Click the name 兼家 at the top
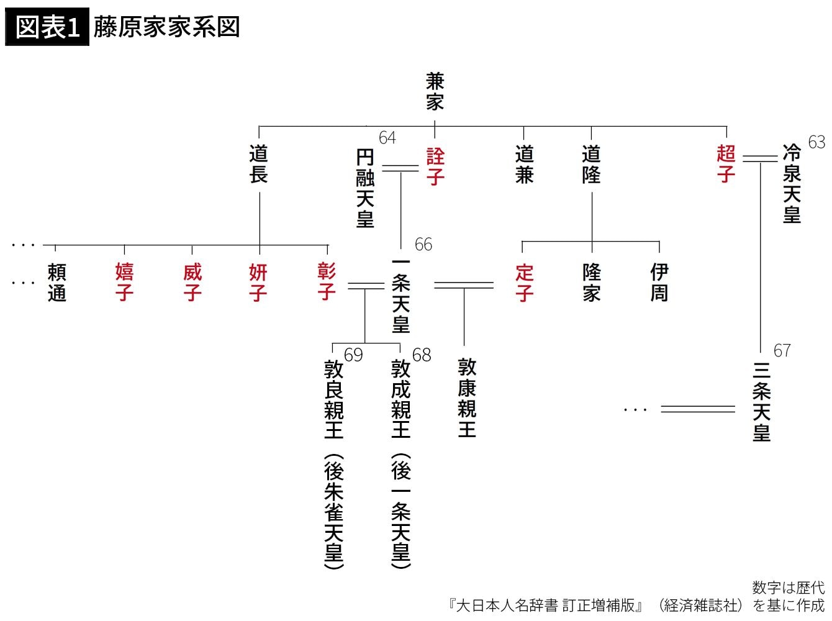tap(435, 92)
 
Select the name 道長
tap(258, 164)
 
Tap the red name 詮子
tap(435, 166)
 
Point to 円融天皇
tap(365, 188)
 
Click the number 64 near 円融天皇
tap(387, 138)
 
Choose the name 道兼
tap(524, 164)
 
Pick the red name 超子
tap(726, 164)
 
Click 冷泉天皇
tap(792, 183)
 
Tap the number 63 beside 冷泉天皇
tap(816, 142)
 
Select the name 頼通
tap(57, 282)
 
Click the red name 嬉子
tap(124, 282)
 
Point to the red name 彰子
tap(327, 282)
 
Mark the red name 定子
tap(524, 282)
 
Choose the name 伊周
tap(659, 282)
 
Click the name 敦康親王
tap(467, 397)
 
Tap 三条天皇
tap(761, 402)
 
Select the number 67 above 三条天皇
tap(782, 351)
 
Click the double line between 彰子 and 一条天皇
tap(366, 286)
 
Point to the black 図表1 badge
tap(47, 27)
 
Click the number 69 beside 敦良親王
tap(353, 355)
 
